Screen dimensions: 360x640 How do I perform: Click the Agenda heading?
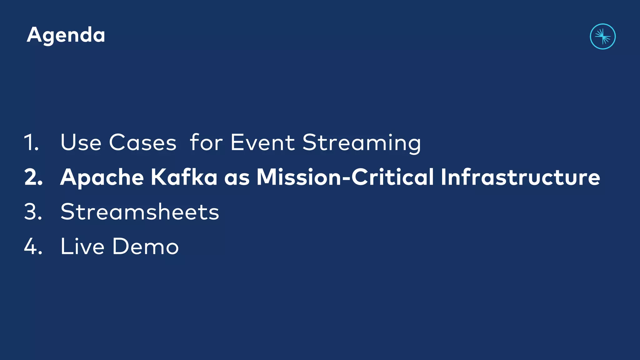pyautogui.click(x=66, y=35)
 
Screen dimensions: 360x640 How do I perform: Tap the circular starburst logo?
pyautogui.click(x=602, y=37)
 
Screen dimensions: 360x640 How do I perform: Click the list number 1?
pyautogui.click(x=32, y=142)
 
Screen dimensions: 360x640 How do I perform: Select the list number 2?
pyautogui.click(x=33, y=177)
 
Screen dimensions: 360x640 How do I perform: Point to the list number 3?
pyautogui.click(x=33, y=212)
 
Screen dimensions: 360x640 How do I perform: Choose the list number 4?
pyautogui.click(x=33, y=246)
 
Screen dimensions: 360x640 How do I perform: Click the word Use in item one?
pyautogui.click(x=81, y=142)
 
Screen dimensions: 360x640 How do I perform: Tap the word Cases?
pyautogui.click(x=142, y=142)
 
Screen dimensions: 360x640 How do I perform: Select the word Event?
pyautogui.click(x=262, y=142)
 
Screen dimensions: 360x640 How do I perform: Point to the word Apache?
pyautogui.click(x=102, y=177)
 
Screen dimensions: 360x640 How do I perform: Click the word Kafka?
pyautogui.click(x=184, y=177)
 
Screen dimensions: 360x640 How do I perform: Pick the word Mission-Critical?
pyautogui.click(x=345, y=177)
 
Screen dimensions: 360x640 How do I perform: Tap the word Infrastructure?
pyautogui.click(x=520, y=177)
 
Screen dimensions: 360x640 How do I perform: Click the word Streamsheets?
pyautogui.click(x=140, y=212)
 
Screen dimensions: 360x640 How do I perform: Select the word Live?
pyautogui.click(x=82, y=246)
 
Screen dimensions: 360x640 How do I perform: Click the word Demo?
pyautogui.click(x=145, y=246)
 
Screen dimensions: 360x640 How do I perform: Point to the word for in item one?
pyautogui.click(x=206, y=142)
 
